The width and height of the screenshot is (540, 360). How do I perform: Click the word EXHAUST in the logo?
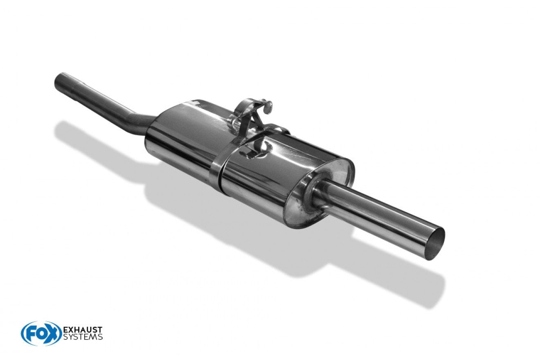click(83, 329)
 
